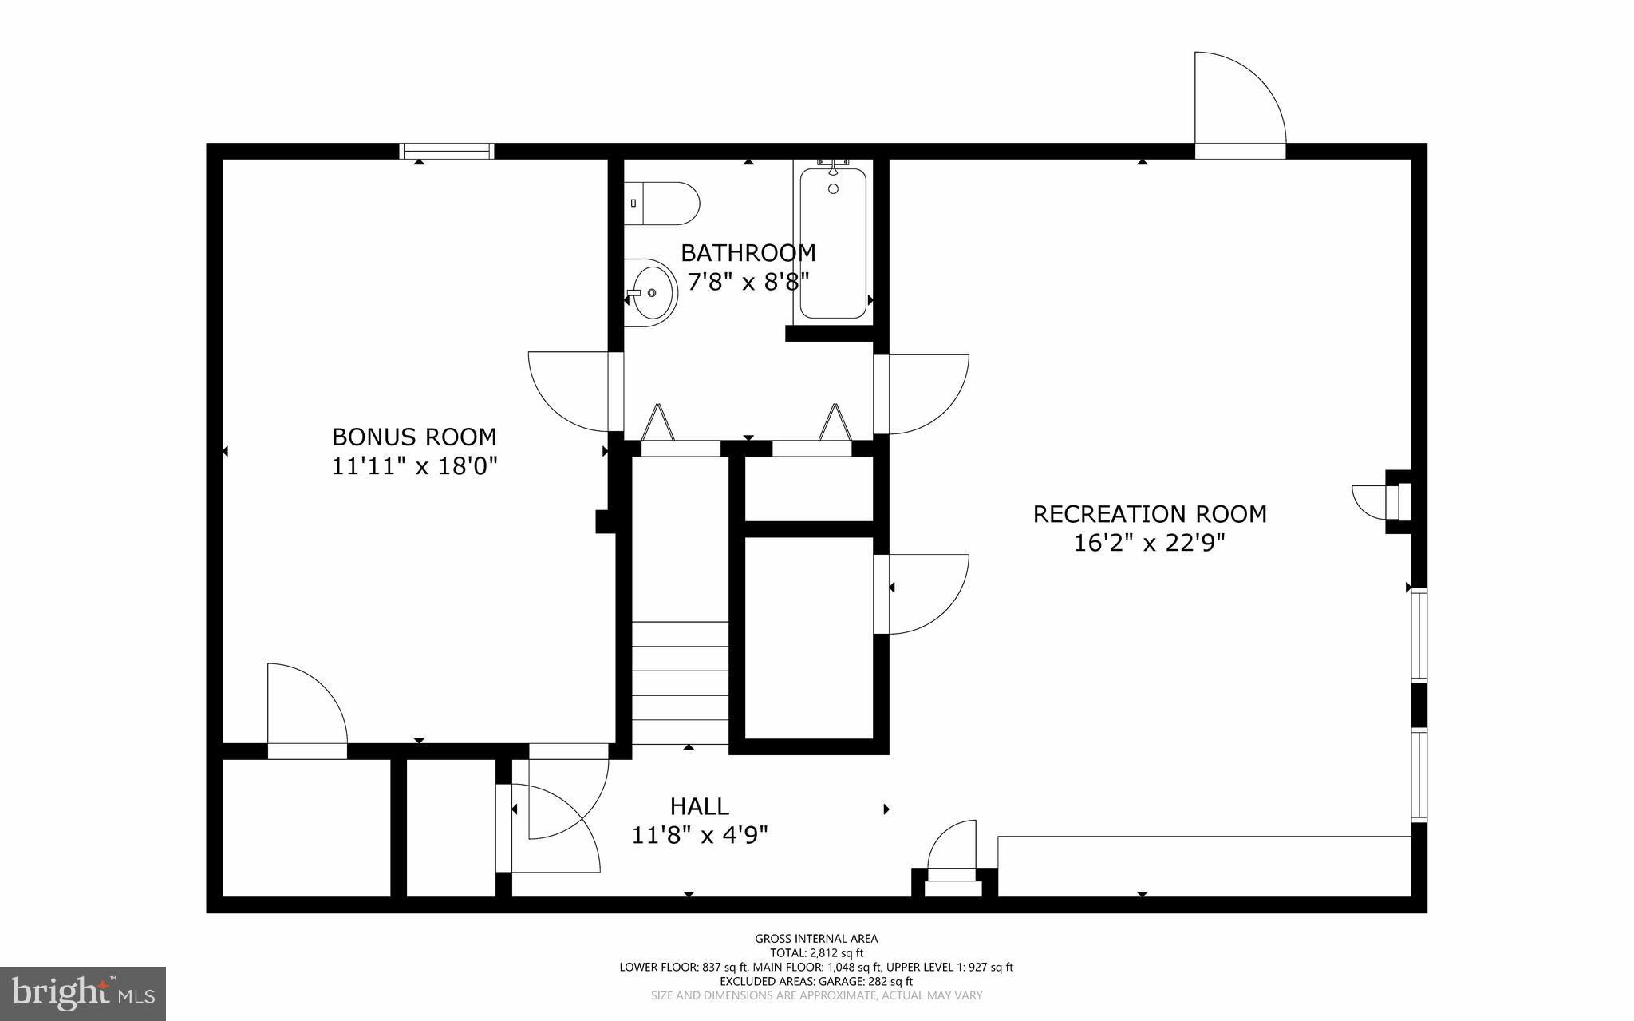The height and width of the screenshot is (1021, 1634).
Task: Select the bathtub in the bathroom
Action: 833,243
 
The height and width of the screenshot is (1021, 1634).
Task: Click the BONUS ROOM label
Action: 414,437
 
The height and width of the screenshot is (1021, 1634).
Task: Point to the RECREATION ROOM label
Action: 1149,513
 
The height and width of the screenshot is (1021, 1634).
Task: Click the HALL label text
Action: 699,806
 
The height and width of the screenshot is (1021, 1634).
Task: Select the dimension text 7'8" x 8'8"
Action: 748,282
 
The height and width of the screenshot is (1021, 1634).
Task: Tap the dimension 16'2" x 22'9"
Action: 1149,543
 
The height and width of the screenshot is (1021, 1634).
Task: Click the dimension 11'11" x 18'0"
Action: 414,466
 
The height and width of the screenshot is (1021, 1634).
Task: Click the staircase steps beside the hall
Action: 681,683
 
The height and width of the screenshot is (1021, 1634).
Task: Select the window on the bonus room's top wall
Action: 447,151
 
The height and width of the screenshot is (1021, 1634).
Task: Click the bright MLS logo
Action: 83,993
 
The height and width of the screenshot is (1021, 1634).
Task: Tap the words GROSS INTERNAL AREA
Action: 816,939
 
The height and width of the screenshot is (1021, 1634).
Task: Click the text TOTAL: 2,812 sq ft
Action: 816,952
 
